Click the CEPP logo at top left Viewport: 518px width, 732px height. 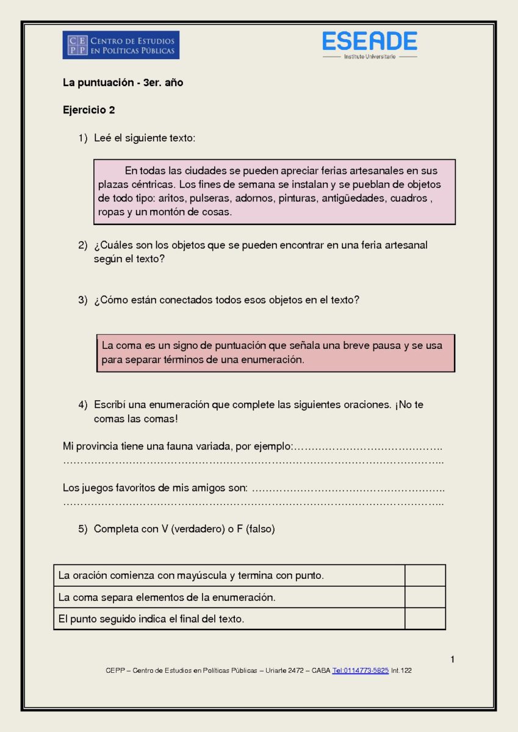click(x=121, y=45)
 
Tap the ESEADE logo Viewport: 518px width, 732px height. click(x=370, y=41)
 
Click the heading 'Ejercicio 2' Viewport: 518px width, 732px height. click(x=89, y=110)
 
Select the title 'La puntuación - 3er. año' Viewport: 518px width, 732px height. click(x=123, y=83)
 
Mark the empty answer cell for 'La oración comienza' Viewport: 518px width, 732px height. click(x=425, y=575)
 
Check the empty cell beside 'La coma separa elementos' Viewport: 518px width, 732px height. click(x=425, y=597)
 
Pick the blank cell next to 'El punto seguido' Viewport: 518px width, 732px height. click(x=425, y=619)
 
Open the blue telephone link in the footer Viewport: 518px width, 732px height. click(x=361, y=670)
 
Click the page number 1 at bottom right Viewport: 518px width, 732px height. click(x=453, y=659)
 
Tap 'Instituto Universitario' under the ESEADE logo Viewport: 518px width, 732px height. click(x=370, y=57)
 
